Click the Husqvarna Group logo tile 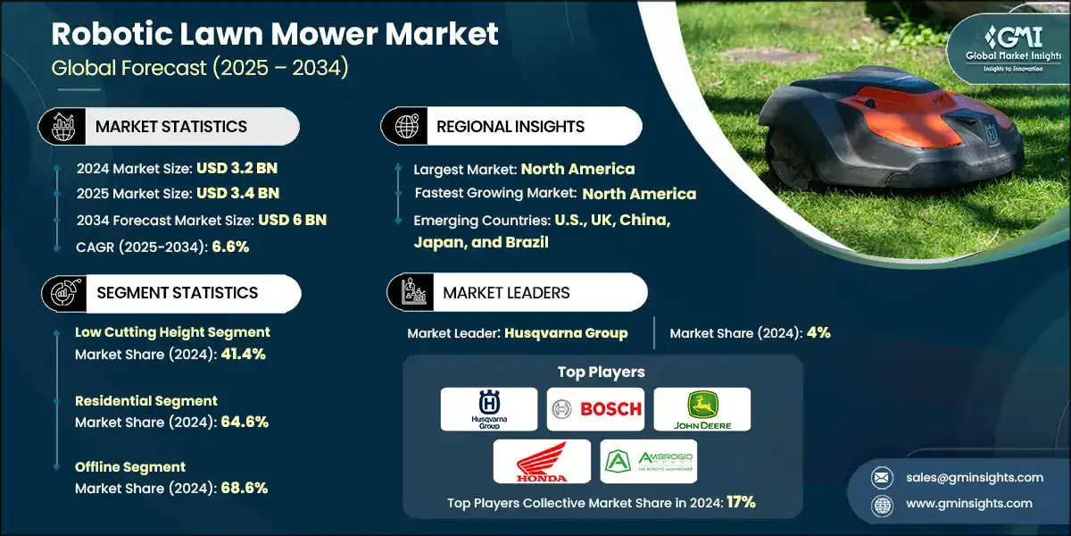(x=489, y=409)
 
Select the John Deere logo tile (x=702, y=409)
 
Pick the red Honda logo (x=542, y=461)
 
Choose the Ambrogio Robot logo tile (x=648, y=461)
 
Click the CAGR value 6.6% (x=230, y=247)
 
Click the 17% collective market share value (x=741, y=502)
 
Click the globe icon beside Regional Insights (x=406, y=126)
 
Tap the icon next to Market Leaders (x=412, y=292)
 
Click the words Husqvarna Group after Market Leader (x=566, y=332)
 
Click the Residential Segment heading (x=146, y=400)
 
